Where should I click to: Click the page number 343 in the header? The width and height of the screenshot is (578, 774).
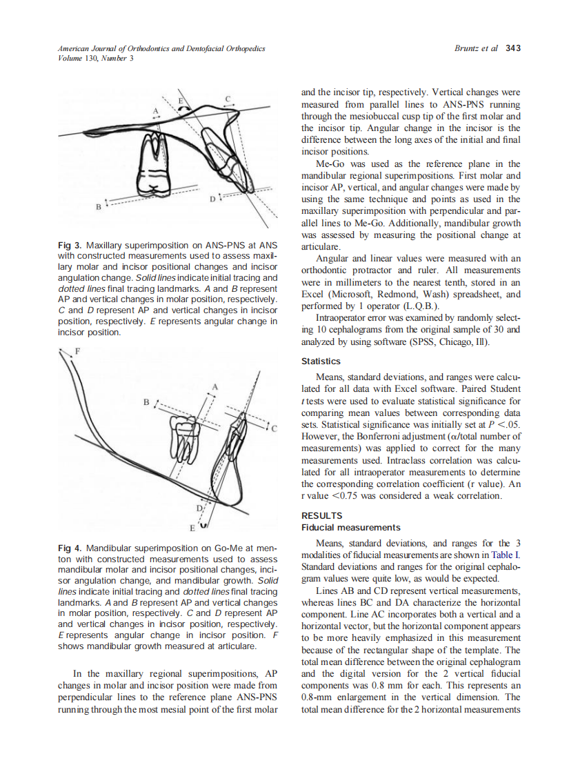point(512,48)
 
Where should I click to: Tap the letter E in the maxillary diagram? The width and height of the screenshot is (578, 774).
point(181,101)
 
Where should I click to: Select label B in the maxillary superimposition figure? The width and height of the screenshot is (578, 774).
point(99,206)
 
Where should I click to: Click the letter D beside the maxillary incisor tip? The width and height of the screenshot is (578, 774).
point(212,199)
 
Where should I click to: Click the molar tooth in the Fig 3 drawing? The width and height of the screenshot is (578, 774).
point(157,155)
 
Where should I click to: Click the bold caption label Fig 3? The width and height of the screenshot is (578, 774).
point(70,245)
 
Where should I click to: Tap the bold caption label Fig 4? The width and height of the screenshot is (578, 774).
point(70,548)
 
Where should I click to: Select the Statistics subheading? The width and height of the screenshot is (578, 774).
point(321,361)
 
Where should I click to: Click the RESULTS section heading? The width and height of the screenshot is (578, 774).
point(322,515)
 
